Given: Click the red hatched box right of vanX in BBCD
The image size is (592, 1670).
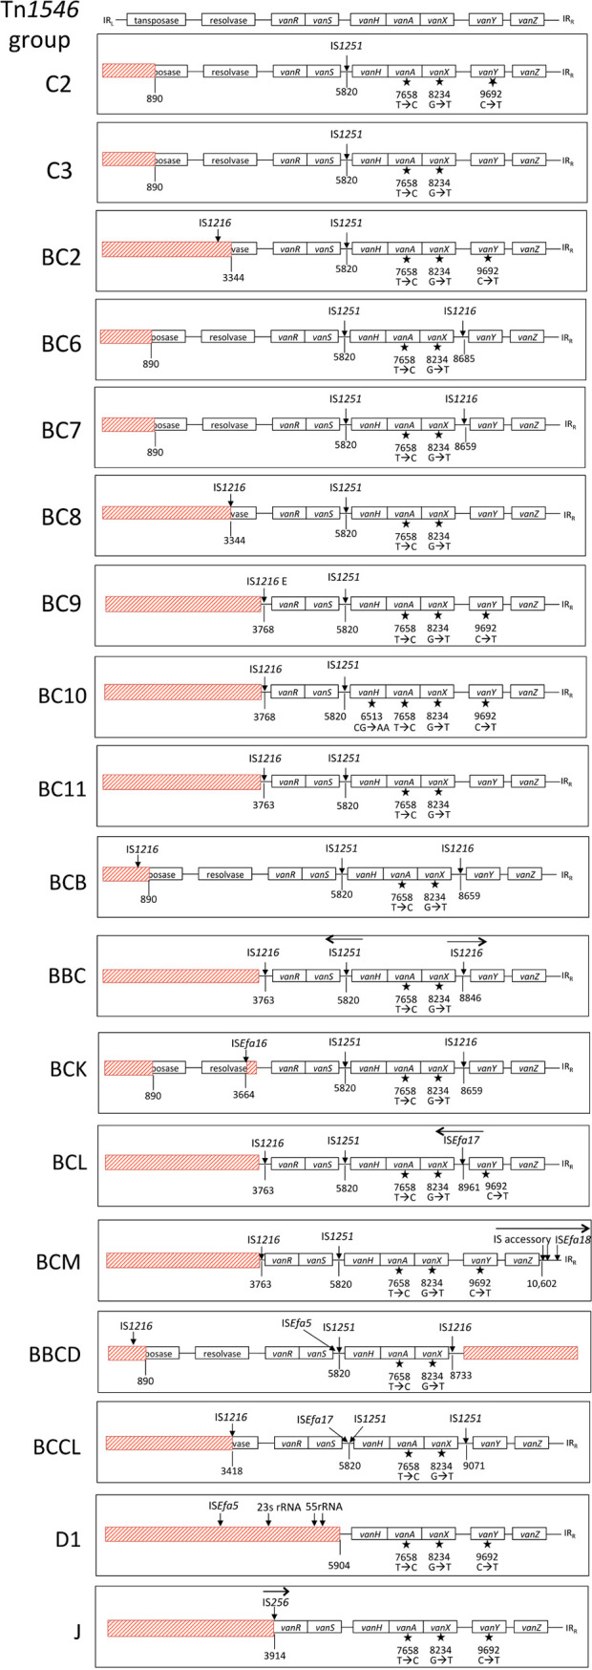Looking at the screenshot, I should click(520, 1354).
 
